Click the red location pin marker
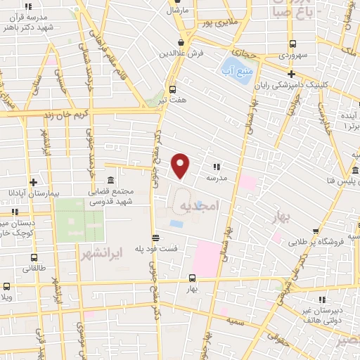pos(181,165)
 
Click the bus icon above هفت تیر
pos(173,89)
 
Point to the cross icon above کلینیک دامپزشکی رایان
pos(291,74)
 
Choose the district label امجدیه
pos(200,205)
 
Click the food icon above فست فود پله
pos(155,238)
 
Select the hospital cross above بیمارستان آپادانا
pos(32,181)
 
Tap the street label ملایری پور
pos(215,22)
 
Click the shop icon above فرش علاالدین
pos(181,42)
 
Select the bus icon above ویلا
pos(6,286)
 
